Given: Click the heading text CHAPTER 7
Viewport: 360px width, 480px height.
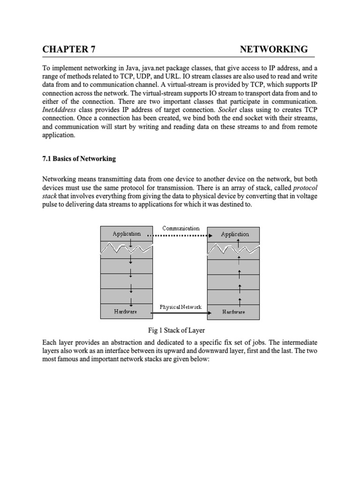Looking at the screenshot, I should [69, 49].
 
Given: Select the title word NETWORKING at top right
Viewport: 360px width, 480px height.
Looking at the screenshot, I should [274, 49].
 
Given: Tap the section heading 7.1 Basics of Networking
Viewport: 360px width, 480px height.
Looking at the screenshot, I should [79, 159].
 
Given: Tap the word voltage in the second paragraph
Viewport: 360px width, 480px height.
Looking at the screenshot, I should [306, 196].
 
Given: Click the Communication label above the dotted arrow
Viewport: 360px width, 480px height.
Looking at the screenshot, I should [181, 228].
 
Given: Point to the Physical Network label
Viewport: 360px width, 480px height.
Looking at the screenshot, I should [180, 307].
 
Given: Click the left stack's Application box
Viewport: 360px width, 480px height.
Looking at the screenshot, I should [127, 234].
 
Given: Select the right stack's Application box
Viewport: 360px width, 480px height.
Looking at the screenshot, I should [235, 234].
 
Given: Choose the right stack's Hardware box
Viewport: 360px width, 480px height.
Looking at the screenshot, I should [233, 311].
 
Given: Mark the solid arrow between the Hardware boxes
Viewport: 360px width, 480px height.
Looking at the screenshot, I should [180, 313].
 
